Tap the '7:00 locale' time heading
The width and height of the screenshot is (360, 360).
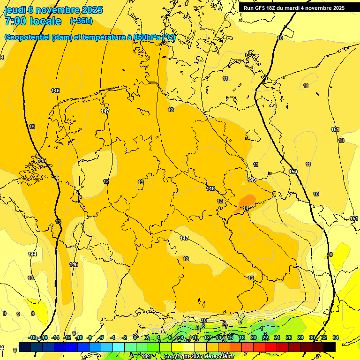tap(33, 21)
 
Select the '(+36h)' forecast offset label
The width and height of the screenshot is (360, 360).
tap(81, 21)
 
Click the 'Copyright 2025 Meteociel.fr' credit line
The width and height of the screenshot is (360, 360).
tap(199, 357)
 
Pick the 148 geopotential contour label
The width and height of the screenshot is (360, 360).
tap(210, 188)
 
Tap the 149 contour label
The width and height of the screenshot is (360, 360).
tap(252, 180)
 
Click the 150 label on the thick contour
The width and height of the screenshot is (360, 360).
tap(293, 172)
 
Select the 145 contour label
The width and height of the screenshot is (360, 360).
tap(42, 160)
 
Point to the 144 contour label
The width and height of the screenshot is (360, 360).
tap(32, 254)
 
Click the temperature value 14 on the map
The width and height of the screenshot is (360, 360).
tap(246, 208)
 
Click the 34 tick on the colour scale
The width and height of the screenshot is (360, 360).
tap(336, 337)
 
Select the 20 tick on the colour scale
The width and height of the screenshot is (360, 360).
tap(253, 337)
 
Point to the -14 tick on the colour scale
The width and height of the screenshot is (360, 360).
tap(55, 337)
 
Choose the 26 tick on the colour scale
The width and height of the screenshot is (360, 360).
tap(288, 337)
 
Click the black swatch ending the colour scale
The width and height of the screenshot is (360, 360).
tap(330, 347)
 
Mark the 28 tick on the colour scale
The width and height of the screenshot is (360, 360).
tap(300, 337)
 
